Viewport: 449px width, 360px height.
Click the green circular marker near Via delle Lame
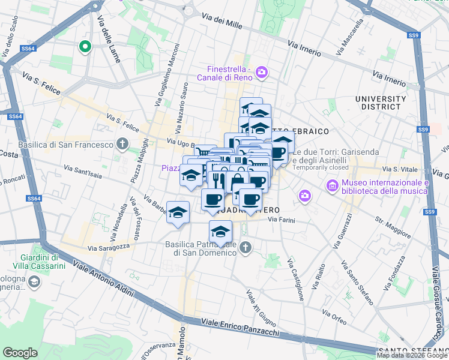85,46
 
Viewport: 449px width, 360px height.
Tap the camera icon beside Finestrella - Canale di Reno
261,73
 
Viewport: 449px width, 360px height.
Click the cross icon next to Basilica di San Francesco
122,144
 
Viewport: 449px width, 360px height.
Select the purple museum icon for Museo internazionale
332,187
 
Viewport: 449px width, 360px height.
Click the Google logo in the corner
20,352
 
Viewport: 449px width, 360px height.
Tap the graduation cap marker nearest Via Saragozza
178,212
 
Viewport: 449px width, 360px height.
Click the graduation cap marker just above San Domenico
220,232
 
